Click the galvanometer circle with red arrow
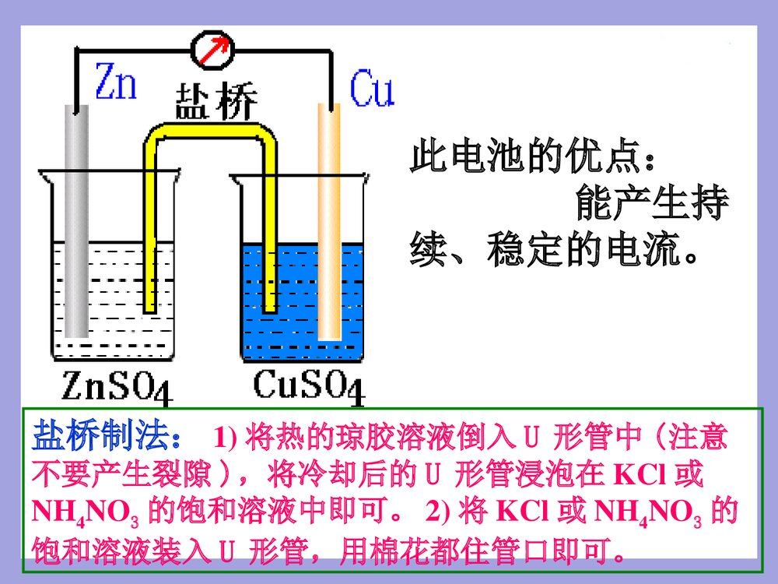point(213,47)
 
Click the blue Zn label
point(115,81)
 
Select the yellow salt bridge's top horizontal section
point(210,131)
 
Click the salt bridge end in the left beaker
point(150,300)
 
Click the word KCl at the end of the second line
point(641,473)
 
